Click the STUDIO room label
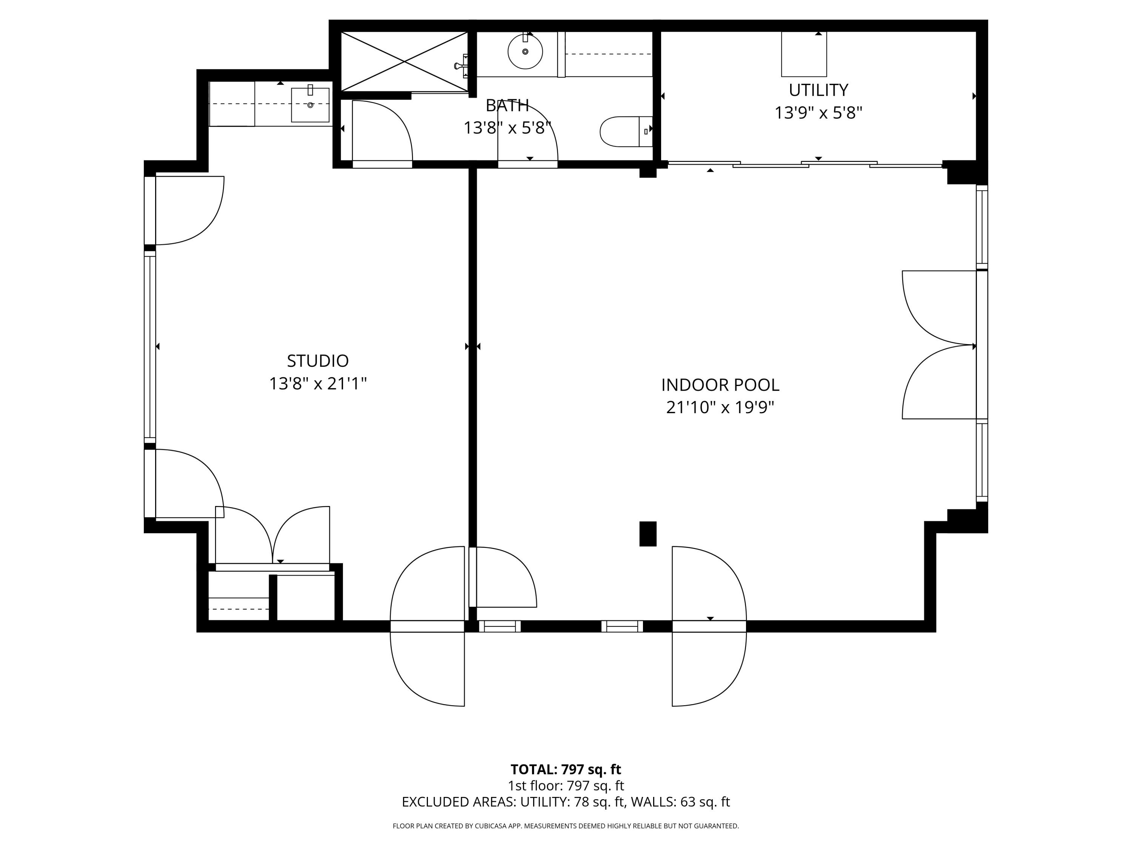(x=317, y=361)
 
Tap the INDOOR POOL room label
(x=720, y=385)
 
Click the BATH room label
(x=507, y=105)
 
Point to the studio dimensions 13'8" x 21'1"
(x=317, y=383)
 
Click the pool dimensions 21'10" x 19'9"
(x=720, y=408)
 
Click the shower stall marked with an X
(x=404, y=62)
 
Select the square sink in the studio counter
(x=310, y=105)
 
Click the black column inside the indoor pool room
(x=648, y=534)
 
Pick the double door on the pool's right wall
(x=939, y=345)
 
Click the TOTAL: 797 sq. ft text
(x=566, y=769)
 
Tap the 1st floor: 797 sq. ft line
(x=566, y=786)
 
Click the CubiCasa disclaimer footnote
(x=566, y=826)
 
